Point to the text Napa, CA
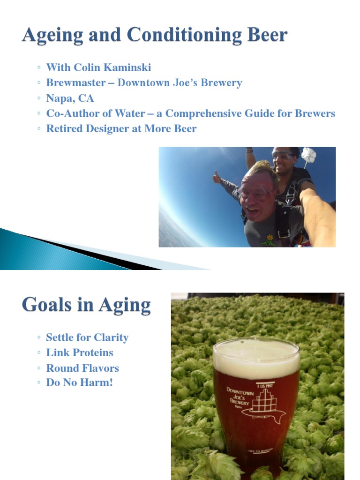point(70,98)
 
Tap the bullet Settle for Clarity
point(87,337)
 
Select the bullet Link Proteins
point(79,352)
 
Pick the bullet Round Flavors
point(82,368)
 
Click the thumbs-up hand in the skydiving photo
point(217,177)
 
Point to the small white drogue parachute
point(308,155)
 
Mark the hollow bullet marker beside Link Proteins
point(38,353)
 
